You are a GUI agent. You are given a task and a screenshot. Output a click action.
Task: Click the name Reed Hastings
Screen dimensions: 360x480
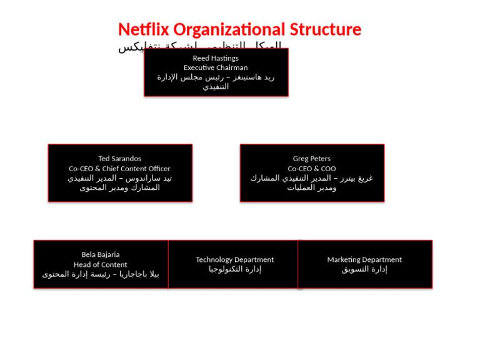coord(216,58)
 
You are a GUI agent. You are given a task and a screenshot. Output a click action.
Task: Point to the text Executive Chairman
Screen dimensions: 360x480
coord(216,67)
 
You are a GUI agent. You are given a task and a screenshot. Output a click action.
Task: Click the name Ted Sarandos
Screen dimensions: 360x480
coord(119,159)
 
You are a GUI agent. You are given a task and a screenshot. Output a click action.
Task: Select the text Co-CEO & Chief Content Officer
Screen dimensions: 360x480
coord(119,169)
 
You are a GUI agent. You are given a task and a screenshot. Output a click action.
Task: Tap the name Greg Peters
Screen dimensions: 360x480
coord(312,159)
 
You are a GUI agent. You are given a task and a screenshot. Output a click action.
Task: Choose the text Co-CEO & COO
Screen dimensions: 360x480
coord(312,169)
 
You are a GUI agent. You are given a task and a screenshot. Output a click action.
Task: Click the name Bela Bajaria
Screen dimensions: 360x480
coord(101,254)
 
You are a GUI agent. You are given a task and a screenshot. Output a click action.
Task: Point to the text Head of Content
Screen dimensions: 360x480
coord(101,264)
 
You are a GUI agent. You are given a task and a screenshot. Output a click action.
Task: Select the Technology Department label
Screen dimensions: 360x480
coord(234,259)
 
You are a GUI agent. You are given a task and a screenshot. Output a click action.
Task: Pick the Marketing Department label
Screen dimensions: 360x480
coord(364,259)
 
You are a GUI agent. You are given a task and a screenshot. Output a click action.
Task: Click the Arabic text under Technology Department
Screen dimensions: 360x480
coord(234,269)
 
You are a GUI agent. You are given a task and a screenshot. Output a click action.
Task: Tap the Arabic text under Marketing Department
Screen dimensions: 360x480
coord(364,269)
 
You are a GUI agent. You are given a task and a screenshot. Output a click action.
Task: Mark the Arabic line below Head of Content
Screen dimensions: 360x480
coord(101,274)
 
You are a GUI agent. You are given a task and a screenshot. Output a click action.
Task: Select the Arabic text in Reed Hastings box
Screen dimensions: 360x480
coord(216,82)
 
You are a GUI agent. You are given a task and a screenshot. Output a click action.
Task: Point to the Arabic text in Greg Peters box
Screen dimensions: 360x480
coord(312,183)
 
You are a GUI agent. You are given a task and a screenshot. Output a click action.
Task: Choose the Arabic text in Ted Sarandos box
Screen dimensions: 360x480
coord(119,183)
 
